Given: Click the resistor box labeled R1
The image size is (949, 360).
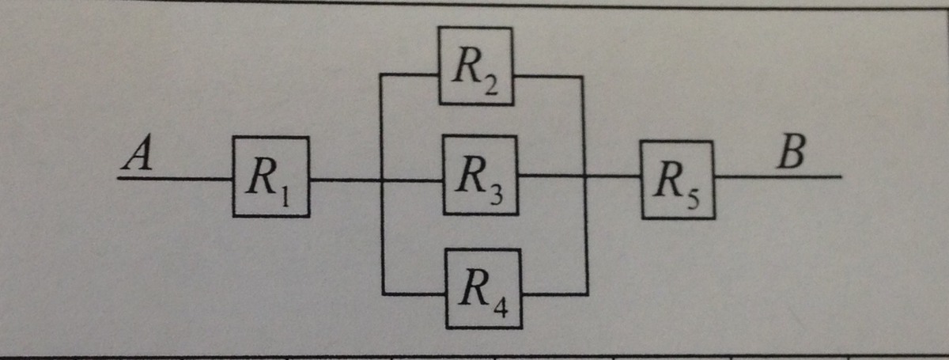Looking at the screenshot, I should [270, 176].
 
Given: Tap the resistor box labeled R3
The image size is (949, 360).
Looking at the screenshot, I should [479, 175].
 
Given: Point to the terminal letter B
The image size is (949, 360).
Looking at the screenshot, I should [792, 153].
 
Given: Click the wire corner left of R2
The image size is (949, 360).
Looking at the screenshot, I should [382, 75].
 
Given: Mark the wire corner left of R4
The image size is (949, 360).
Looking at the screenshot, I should [383, 294].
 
